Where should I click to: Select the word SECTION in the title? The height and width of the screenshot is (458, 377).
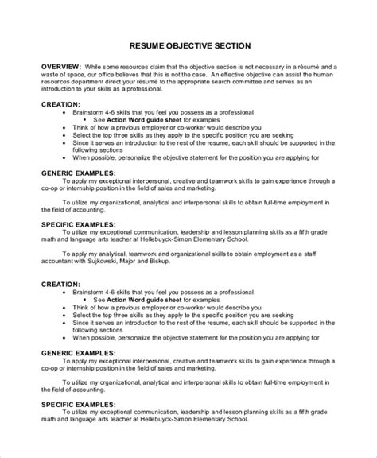coord(237,46)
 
